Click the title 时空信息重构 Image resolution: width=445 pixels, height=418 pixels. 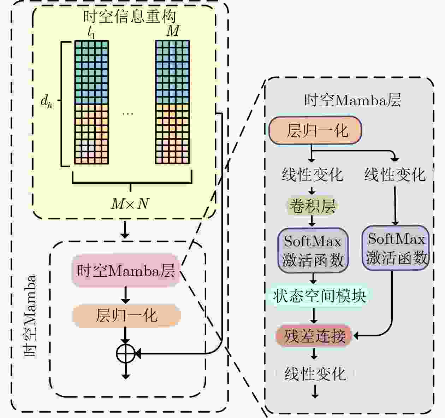pyautogui.click(x=130, y=17)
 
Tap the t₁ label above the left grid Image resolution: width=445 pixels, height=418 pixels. pyautogui.click(x=91, y=33)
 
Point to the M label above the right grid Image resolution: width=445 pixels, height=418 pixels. pyautogui.click(x=173, y=30)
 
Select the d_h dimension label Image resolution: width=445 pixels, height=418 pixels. pyautogui.click(x=46, y=101)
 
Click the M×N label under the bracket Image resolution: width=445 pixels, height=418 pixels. pyautogui.click(x=130, y=204)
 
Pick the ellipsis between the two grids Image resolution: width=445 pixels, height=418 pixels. pyautogui.click(x=127, y=114)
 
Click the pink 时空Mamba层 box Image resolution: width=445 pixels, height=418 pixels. pyautogui.click(x=126, y=270)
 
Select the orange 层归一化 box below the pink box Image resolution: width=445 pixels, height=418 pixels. pyautogui.click(x=126, y=316)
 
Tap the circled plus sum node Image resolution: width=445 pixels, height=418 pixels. pyautogui.click(x=126, y=354)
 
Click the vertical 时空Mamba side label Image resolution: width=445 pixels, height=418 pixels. pyautogui.click(x=30, y=315)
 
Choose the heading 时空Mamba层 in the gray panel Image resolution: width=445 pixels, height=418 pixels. pyautogui.click(x=352, y=100)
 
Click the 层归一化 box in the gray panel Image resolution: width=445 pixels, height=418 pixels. pyautogui.click(x=315, y=130)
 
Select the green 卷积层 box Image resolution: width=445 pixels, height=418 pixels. pyautogui.click(x=313, y=206)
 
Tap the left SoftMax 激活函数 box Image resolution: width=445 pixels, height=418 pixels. pyautogui.click(x=313, y=250)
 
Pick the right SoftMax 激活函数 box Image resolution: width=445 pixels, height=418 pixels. pyautogui.click(x=396, y=248)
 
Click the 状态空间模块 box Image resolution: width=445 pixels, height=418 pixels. pyautogui.click(x=320, y=296)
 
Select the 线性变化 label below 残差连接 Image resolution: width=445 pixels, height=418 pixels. pyautogui.click(x=315, y=374)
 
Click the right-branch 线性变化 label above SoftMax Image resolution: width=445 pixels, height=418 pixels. pyautogui.click(x=395, y=175)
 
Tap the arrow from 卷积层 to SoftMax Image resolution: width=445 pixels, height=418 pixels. pyautogui.click(x=312, y=221)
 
